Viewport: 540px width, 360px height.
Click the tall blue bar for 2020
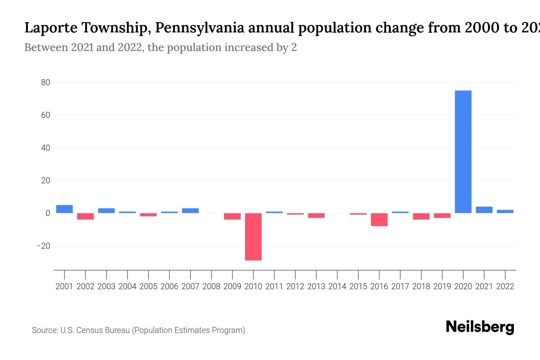(463, 151)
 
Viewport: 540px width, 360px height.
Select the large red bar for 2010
(253, 237)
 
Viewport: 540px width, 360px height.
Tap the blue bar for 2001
(64, 209)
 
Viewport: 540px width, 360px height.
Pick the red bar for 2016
(379, 220)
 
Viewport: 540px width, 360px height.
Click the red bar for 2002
(85, 216)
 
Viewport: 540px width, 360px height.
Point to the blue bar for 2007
(190, 211)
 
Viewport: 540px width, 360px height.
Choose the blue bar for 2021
(484, 210)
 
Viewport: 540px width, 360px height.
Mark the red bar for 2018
(421, 216)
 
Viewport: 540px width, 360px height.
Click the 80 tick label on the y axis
(46, 82)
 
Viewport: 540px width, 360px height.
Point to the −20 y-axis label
(43, 246)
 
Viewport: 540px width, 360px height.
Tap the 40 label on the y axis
(46, 148)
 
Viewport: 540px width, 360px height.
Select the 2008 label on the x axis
(211, 286)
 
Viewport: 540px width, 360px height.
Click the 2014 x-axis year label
(337, 286)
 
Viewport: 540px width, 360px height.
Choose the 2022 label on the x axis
(505, 286)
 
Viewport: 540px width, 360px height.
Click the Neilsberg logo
(480, 327)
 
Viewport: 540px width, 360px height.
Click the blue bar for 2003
(106, 211)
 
